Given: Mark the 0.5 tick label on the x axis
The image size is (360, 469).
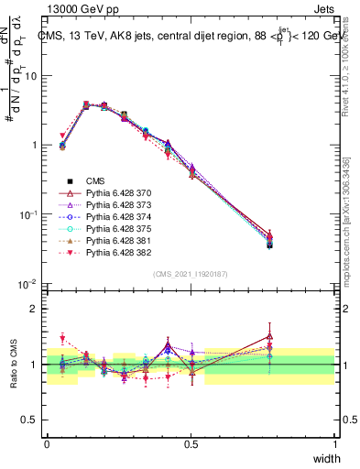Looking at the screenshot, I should (191, 445).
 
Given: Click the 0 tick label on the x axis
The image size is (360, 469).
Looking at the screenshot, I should (47, 445).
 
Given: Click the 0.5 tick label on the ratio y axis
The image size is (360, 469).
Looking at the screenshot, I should (29, 420).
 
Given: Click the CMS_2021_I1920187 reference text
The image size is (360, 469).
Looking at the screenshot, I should (191, 274).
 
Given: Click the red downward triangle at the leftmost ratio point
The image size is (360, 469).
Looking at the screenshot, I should (62, 339).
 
